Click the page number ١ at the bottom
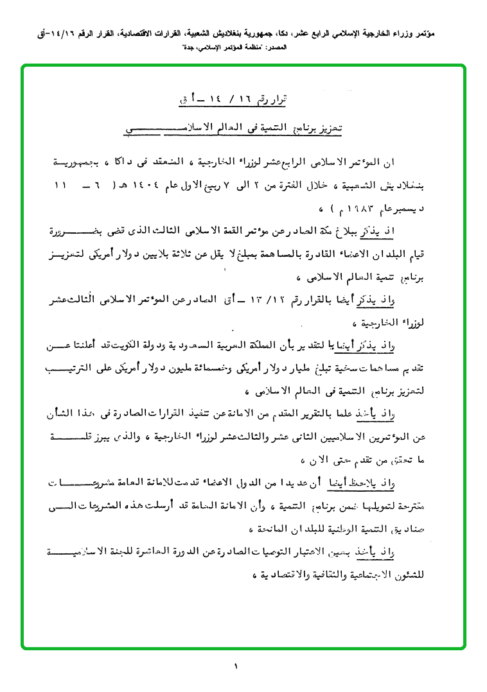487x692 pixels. coord(236,667)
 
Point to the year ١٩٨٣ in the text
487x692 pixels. coord(109,209)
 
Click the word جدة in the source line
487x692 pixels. coord(182,48)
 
